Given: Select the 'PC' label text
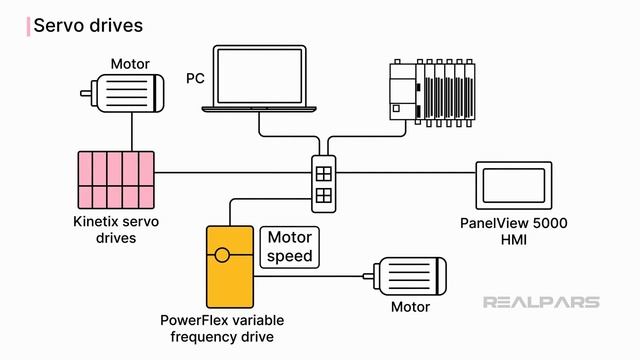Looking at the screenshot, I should (x=196, y=77).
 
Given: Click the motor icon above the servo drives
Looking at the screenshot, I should (x=124, y=91).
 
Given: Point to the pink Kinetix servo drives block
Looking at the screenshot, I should (x=118, y=176).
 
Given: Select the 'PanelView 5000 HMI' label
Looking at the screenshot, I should (x=513, y=232).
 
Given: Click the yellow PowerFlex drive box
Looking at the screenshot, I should (x=228, y=266).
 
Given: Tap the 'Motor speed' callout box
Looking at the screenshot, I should (x=289, y=247).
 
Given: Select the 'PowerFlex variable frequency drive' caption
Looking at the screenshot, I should (x=222, y=328).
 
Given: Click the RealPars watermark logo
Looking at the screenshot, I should (x=541, y=301).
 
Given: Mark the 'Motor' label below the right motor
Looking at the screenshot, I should (x=408, y=307).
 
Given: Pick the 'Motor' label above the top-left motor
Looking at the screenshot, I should (x=130, y=62).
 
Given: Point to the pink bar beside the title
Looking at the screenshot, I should (x=28, y=25).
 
